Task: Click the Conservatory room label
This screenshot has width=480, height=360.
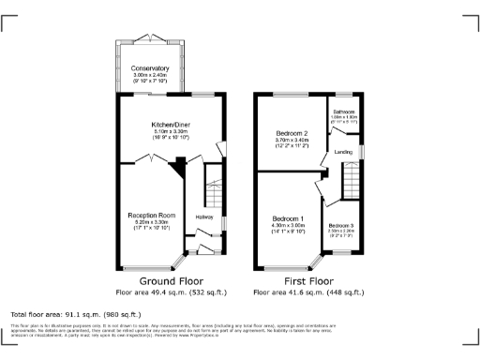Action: (150, 68)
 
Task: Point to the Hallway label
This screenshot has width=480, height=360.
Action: (203, 217)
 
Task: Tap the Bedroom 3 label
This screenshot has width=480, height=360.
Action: (341, 226)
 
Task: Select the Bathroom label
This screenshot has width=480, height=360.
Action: (345, 112)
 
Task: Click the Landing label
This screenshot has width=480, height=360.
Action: (344, 153)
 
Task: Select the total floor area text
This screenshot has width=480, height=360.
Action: (75, 314)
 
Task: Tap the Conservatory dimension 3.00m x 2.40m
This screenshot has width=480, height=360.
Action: (150, 75)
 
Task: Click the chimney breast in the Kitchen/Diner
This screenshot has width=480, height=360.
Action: (176, 168)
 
